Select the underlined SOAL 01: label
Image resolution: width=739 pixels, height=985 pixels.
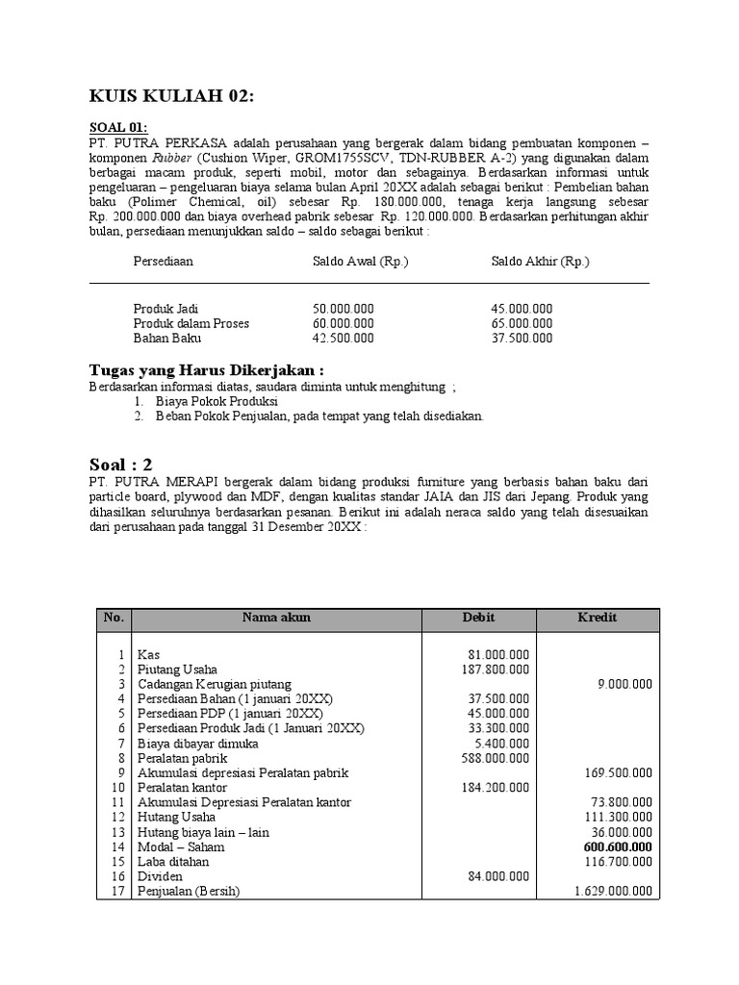[x=119, y=127]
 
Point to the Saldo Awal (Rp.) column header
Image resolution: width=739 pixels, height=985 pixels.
[x=360, y=262]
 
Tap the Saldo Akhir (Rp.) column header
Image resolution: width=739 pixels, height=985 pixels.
[x=540, y=262]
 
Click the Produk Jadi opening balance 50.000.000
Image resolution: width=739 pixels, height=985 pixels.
[x=343, y=309]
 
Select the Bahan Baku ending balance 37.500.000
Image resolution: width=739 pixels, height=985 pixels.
[x=522, y=338]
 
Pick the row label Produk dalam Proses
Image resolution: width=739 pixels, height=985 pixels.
[x=191, y=323]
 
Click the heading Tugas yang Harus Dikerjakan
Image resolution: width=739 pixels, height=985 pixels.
[x=206, y=370]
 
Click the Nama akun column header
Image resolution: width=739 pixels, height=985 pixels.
[x=276, y=618]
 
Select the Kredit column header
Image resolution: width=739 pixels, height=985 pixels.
[x=598, y=618]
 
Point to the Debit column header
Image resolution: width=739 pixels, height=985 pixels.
[x=479, y=618]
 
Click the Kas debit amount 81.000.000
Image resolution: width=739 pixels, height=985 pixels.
[x=497, y=655]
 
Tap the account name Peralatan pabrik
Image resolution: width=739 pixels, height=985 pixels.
[x=183, y=758]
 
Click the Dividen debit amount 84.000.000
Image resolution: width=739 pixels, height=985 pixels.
[x=497, y=876]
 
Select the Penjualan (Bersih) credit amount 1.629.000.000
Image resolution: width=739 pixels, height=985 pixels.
[x=613, y=892]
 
